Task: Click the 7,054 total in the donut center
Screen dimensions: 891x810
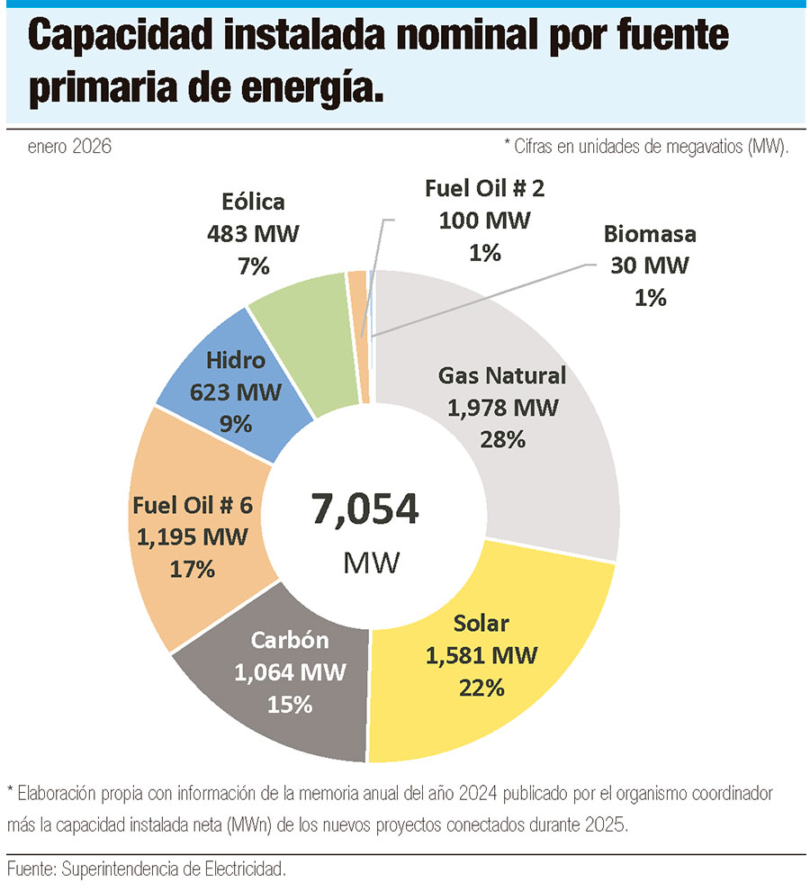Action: point(365,509)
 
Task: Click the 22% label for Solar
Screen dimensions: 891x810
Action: point(481,688)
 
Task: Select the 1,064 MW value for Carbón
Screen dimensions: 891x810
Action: point(290,672)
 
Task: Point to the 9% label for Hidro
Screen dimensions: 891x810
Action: point(236,423)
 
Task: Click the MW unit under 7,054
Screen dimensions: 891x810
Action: point(372,563)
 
